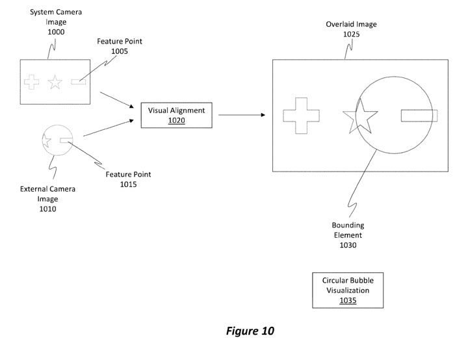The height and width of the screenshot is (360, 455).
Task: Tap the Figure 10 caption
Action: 250,331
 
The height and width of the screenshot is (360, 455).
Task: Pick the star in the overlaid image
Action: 359,117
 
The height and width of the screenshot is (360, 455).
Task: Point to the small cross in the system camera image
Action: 31,83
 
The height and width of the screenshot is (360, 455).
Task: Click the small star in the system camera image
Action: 55,83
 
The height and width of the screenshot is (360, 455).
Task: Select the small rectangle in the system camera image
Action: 79,82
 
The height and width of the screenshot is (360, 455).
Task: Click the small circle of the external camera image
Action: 57,140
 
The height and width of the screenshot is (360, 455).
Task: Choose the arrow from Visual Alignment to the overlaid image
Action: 241,116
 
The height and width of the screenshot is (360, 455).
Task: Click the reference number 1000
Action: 55,31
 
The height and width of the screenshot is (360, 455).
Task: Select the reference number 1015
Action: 128,185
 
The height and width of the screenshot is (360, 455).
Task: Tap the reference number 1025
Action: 351,34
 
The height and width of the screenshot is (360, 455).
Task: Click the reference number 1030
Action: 348,246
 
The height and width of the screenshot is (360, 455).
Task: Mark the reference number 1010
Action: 47,209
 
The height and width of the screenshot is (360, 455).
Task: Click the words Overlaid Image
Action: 351,25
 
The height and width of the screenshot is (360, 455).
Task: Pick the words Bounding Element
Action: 348,231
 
